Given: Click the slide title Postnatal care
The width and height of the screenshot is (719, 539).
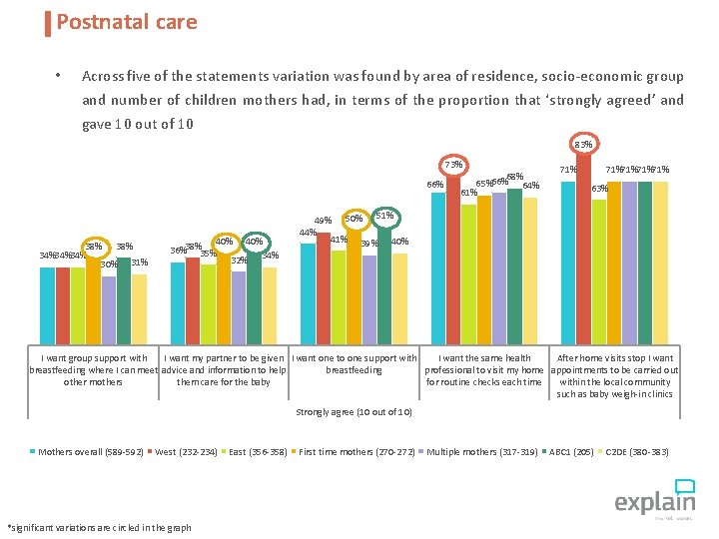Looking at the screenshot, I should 127,22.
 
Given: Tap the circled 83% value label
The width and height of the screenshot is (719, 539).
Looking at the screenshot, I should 583,145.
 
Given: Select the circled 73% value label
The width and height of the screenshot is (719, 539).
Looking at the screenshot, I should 453,165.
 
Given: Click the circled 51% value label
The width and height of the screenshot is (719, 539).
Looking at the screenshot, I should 384,216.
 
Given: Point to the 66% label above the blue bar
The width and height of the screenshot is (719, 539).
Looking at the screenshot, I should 435,185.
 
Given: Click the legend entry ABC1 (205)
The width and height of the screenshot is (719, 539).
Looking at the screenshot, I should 572,452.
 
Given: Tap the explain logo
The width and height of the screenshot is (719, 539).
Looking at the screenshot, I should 654,497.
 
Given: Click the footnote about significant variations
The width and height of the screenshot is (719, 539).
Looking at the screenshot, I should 99,527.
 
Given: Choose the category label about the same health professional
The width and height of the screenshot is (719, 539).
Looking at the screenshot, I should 484,369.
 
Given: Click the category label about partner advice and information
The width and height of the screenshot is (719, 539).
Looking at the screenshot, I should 224,369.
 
